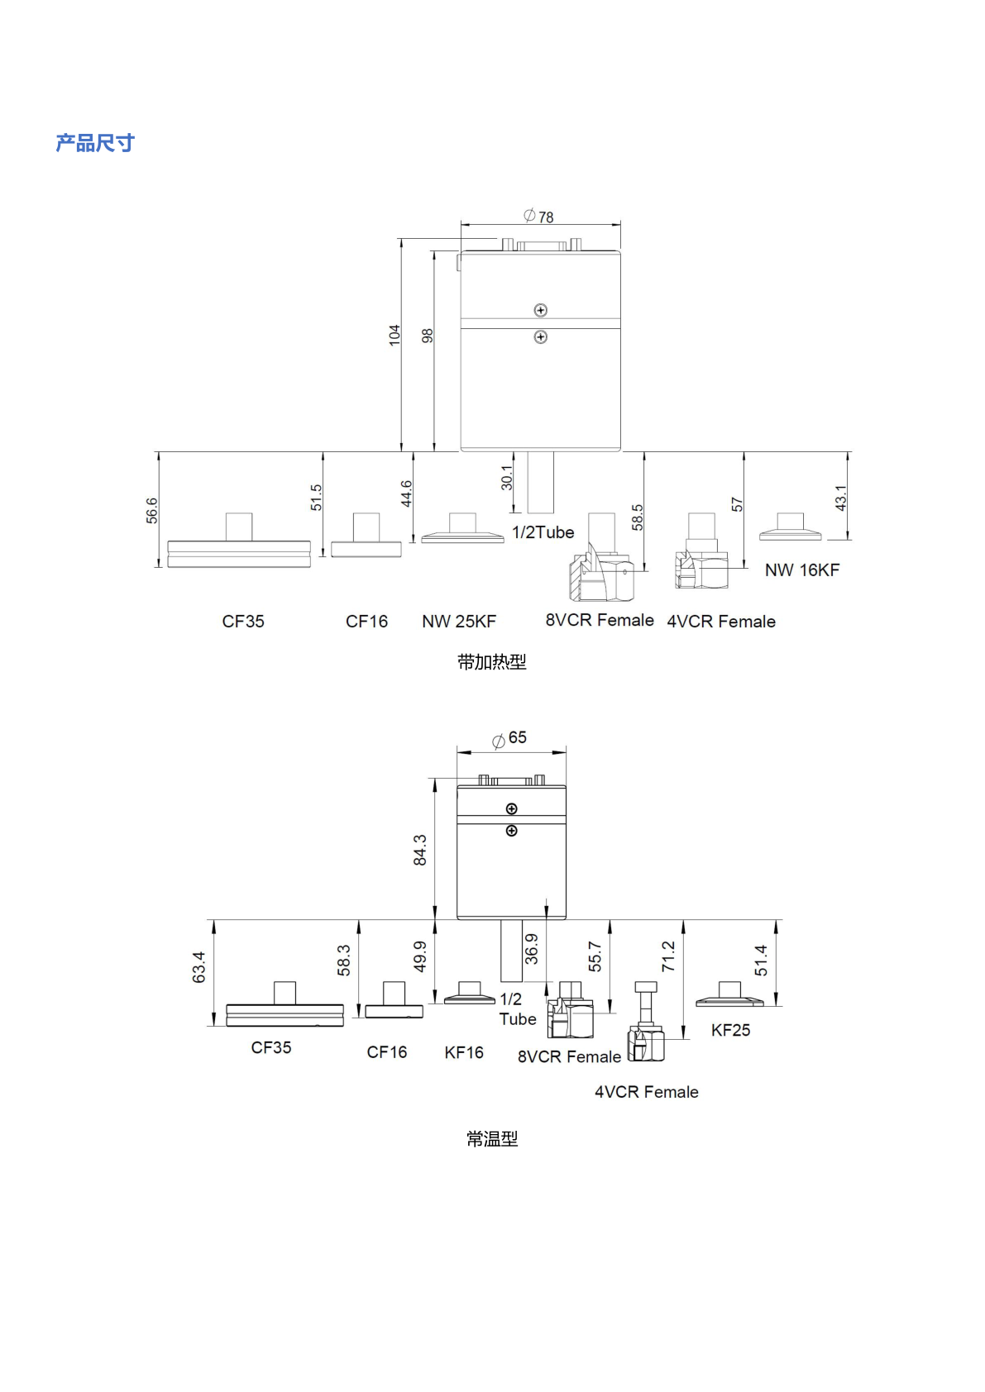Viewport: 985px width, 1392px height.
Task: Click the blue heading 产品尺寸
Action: pyautogui.click(x=95, y=143)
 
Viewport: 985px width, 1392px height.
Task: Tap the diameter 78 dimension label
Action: pyautogui.click(x=538, y=217)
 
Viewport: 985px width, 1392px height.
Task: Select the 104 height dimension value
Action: pyautogui.click(x=394, y=335)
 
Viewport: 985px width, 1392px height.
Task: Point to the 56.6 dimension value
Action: pyautogui.click(x=151, y=510)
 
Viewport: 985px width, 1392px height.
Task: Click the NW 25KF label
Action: pyautogui.click(x=459, y=622)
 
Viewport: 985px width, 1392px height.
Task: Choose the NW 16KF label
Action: pyautogui.click(x=801, y=570)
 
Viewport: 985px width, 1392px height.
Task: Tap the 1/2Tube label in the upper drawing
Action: pyautogui.click(x=543, y=532)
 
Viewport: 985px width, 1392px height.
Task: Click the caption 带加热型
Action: pyautogui.click(x=492, y=662)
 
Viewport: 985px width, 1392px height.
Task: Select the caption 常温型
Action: pyautogui.click(x=492, y=1139)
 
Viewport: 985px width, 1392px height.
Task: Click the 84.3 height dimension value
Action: pyautogui.click(x=420, y=850)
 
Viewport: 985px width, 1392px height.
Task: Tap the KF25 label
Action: pyautogui.click(x=730, y=1030)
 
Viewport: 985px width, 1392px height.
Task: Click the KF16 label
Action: pyautogui.click(x=464, y=1053)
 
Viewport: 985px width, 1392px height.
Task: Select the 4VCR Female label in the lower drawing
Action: pyautogui.click(x=647, y=1092)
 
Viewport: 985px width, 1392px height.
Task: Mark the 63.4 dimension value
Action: pyautogui.click(x=198, y=967)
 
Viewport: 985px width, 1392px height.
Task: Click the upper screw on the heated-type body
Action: pyautogui.click(x=541, y=310)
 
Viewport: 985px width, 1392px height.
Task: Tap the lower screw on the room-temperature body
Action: pyautogui.click(x=512, y=831)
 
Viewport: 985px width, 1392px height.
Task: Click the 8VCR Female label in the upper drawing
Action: pyautogui.click(x=600, y=620)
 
